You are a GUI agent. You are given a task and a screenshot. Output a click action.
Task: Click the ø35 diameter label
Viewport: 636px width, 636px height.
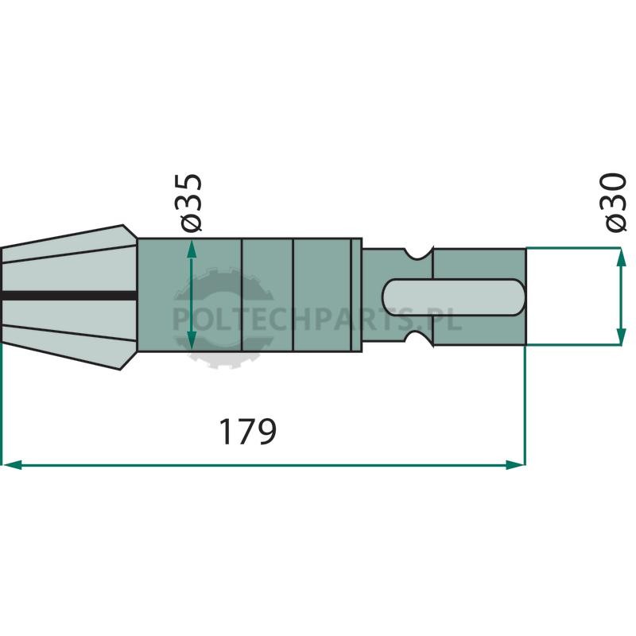click(188, 203)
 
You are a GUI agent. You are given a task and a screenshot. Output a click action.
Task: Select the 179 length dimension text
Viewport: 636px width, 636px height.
click(247, 432)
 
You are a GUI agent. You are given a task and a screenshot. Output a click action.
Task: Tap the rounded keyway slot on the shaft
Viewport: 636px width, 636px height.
click(454, 297)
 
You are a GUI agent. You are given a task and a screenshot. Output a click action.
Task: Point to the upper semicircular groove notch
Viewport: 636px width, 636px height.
click(419, 253)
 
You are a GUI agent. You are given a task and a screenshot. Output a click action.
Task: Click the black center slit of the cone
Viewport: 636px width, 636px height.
click(69, 295)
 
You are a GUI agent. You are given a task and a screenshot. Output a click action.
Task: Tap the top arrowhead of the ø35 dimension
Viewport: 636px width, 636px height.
click(192, 248)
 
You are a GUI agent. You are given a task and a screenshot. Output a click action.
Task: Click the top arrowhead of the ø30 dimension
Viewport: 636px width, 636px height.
click(621, 257)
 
